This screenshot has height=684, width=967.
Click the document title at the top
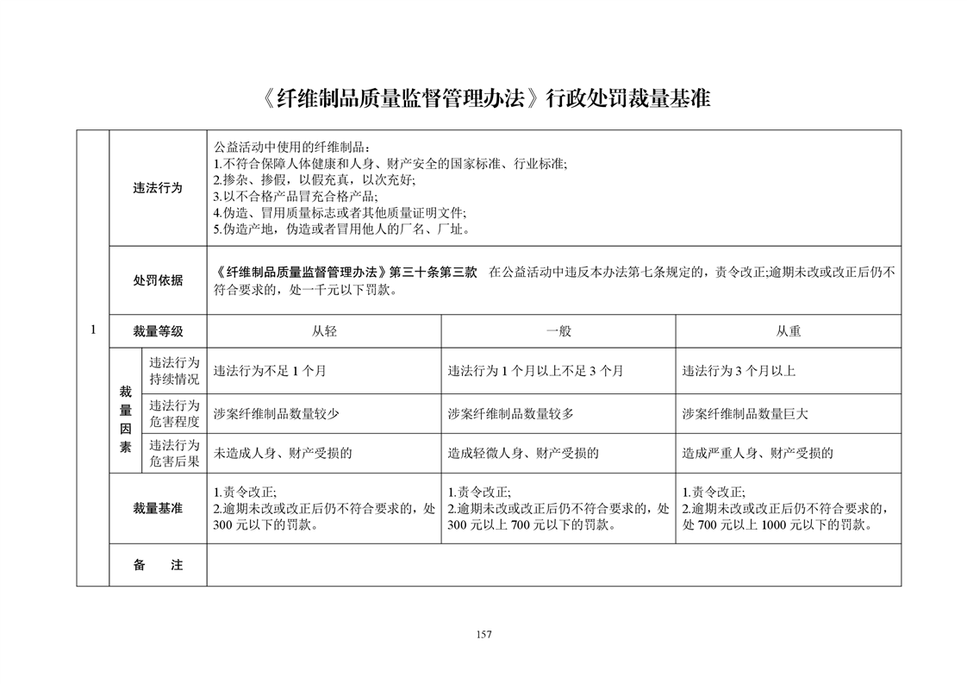click(483, 98)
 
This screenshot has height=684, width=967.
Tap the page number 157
click(483, 635)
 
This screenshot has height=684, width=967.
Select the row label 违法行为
click(158, 188)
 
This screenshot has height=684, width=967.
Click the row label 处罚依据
click(158, 279)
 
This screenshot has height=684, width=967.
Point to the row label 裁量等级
click(158, 330)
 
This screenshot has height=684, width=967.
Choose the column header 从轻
click(324, 330)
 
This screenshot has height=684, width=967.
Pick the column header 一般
click(558, 330)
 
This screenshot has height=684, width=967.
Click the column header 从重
click(788, 330)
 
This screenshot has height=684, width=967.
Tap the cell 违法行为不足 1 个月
click(270, 371)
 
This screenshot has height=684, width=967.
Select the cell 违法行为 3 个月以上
click(739, 371)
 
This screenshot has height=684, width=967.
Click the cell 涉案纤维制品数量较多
click(510, 413)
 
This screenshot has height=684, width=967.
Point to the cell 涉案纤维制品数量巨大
click(745, 413)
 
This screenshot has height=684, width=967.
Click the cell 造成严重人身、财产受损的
click(758, 453)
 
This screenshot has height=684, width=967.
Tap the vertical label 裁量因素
click(125, 411)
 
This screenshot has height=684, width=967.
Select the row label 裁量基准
click(158, 508)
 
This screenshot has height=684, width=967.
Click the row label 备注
click(158, 565)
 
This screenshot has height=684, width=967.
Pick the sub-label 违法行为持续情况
click(174, 371)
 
